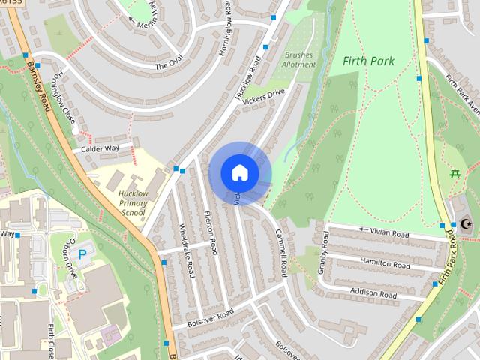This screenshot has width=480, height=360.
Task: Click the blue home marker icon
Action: pos(239,172)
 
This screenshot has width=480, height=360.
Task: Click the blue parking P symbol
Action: pos(82,253)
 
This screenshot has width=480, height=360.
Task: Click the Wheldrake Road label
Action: pos(187,250)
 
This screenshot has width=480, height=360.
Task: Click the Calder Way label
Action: pos(100,148)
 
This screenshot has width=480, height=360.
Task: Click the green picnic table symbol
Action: pos(454,174)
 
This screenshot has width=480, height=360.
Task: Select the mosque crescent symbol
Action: pos(465,223)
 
